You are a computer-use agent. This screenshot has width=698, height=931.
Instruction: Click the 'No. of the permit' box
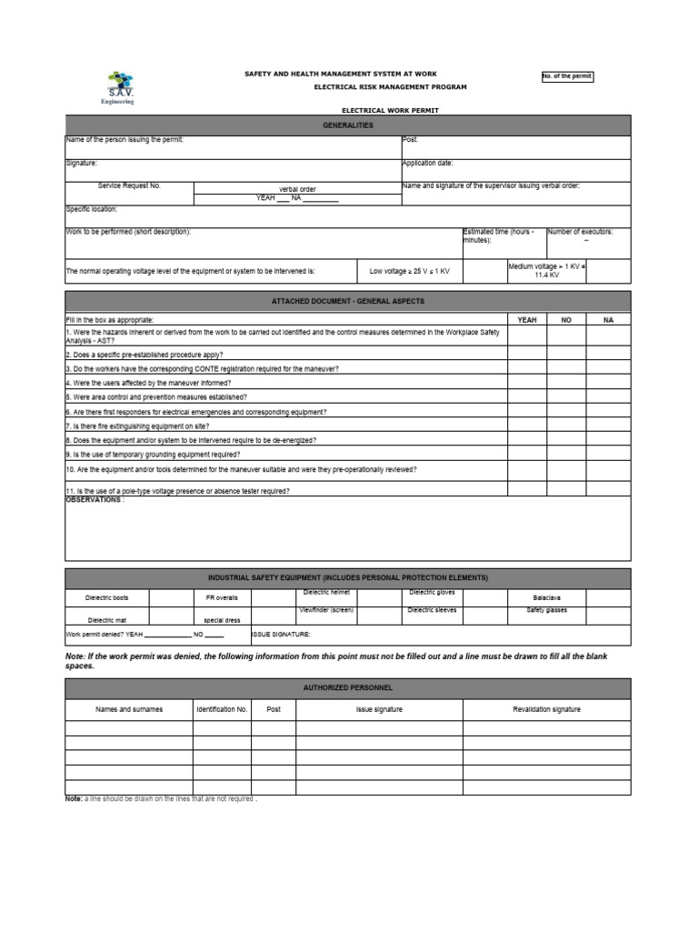coord(567,76)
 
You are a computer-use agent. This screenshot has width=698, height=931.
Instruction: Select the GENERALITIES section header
coord(347,125)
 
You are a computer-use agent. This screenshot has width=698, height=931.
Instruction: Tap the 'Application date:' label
coord(427,163)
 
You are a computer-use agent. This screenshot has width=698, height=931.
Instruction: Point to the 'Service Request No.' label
coord(128,185)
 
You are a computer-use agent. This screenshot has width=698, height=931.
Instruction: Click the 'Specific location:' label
coord(92,209)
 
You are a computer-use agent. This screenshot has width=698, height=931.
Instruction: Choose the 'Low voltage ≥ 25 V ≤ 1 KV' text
coord(410,271)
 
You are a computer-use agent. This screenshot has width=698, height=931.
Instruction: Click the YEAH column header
coord(527,320)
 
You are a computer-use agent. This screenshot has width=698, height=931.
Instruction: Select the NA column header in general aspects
coord(608,320)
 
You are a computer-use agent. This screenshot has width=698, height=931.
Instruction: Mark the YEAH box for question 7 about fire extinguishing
coord(527,425)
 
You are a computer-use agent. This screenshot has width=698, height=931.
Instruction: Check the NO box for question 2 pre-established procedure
coord(566,355)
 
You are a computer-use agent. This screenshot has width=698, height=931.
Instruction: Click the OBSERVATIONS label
coord(95,500)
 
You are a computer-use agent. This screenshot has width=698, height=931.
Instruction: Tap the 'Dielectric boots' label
coord(107,598)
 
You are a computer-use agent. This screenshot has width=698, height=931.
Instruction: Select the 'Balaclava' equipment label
coord(546,598)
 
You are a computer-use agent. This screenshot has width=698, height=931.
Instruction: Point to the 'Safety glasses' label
coord(546,610)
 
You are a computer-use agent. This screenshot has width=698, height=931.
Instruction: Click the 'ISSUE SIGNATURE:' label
coord(281,634)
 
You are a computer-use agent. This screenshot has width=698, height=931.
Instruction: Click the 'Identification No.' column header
coord(221,709)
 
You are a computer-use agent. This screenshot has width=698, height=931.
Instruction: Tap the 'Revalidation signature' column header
coord(546,709)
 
